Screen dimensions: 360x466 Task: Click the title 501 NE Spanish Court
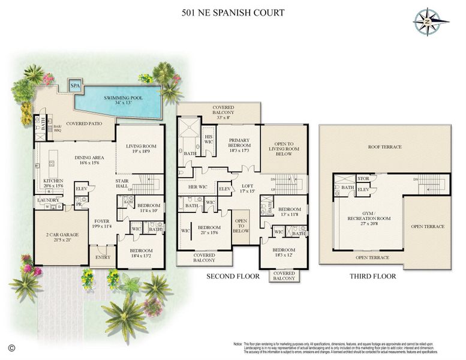[x=232, y=13]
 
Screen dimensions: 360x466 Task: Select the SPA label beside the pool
[x=75, y=86]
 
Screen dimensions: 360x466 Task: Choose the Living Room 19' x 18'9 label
[x=140, y=149]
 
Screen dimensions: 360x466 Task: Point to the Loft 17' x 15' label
[x=248, y=189]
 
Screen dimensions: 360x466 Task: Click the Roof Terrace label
[x=384, y=147]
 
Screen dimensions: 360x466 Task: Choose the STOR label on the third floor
[x=364, y=178]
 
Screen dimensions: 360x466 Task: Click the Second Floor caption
[x=232, y=277]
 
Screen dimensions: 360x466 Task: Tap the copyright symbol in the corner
[x=11, y=347]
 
